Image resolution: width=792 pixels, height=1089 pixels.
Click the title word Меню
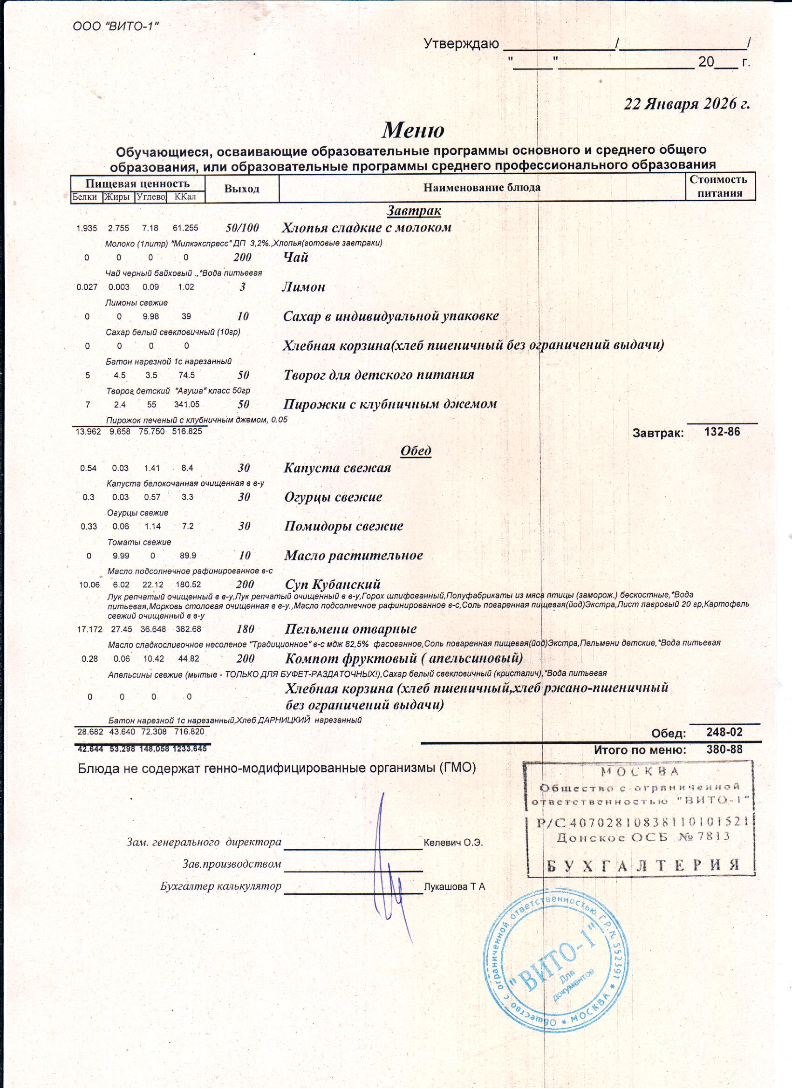pos(413,130)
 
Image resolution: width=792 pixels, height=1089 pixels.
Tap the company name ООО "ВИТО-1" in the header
pos(116,27)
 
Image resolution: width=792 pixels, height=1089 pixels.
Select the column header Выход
pos(242,189)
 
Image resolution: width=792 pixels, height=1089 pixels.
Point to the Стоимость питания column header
pos(719,186)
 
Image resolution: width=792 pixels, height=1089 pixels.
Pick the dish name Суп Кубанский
pos(332,585)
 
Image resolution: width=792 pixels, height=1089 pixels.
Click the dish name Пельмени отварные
pos(351,629)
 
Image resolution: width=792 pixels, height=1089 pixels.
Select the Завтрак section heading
pos(414,211)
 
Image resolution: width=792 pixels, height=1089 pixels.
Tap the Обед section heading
pos(416,450)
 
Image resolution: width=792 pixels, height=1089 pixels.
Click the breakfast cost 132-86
pos(722,432)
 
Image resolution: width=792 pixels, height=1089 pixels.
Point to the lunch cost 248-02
pos(724,732)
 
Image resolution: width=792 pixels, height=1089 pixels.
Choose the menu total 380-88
pos(724,749)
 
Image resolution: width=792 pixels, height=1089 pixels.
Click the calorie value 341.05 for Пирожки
pos(186,404)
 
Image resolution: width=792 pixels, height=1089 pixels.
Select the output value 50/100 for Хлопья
pos(242,228)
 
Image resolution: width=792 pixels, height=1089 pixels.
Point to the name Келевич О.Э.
pos(453,843)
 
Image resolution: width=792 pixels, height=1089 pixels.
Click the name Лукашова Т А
pos(454,887)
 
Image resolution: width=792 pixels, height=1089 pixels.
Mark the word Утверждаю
pos(461,45)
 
